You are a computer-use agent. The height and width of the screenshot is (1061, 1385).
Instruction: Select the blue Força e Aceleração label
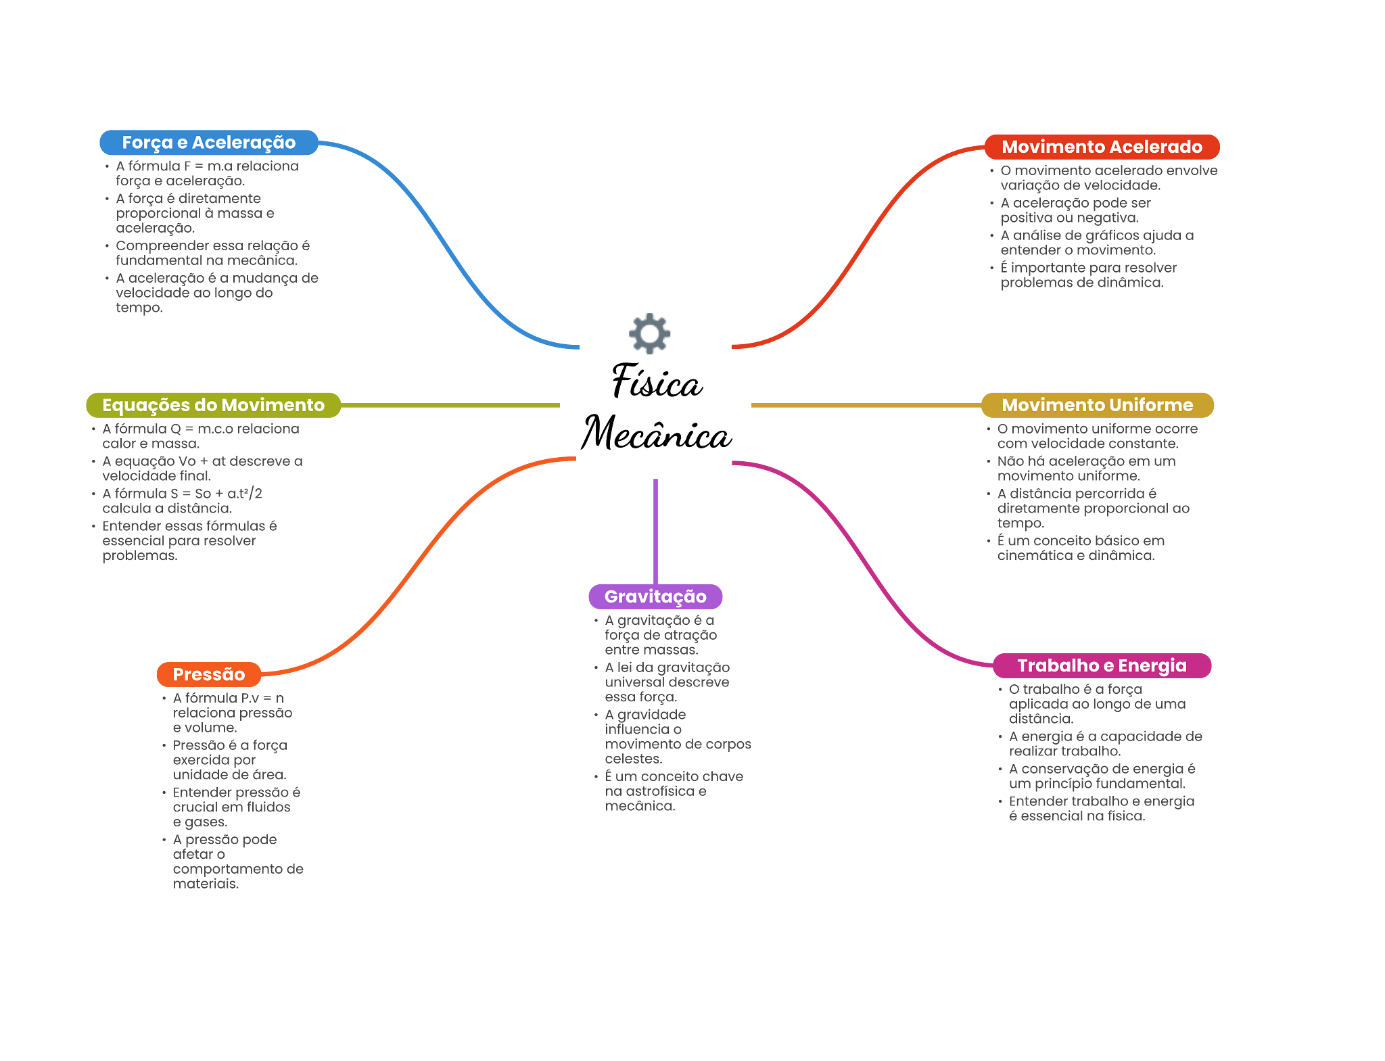(208, 143)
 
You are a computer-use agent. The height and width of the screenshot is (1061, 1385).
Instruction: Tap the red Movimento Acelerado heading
(1102, 147)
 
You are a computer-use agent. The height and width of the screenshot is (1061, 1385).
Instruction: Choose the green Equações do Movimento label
(213, 405)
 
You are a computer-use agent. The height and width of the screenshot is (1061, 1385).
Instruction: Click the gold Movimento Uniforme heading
(1097, 405)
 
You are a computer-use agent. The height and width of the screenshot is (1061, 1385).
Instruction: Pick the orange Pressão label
(208, 674)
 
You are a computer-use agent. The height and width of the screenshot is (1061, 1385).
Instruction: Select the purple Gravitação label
(655, 596)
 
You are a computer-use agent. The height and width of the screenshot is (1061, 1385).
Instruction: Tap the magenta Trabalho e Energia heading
(1102, 665)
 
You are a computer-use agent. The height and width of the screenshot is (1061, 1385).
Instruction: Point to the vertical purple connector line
(655, 531)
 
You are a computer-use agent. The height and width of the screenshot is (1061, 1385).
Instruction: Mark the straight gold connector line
(866, 405)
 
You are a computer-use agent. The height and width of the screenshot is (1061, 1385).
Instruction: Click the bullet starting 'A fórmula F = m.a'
(207, 173)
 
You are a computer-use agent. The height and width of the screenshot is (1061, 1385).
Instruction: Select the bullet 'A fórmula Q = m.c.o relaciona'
(200, 435)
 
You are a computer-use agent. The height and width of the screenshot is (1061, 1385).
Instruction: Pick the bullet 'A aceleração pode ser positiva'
(1075, 210)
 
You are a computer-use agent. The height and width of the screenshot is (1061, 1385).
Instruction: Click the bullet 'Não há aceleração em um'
(1086, 468)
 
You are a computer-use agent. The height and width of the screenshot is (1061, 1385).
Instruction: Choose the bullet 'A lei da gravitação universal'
(667, 682)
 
